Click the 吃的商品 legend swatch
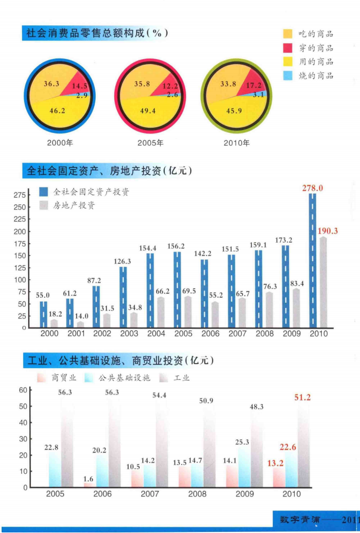[287, 34]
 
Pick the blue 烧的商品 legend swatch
[287, 75]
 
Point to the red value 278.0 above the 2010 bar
[312, 188]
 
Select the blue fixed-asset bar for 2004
[150, 290]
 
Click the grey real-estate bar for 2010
[323, 282]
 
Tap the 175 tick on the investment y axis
[20, 244]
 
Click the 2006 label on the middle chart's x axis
[210, 334]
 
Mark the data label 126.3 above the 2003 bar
[122, 261]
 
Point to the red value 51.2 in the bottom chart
[302, 397]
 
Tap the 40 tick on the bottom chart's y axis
[23, 423]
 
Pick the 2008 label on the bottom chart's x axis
[197, 494]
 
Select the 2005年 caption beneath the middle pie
[150, 143]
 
